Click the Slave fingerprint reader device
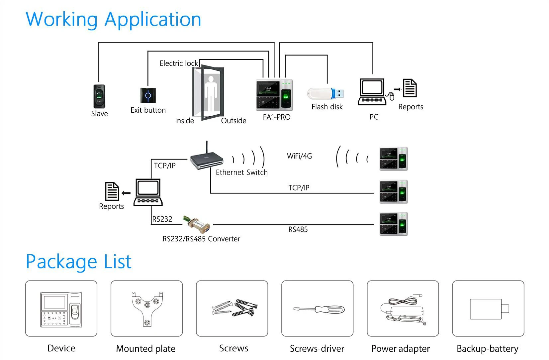coord(99,96)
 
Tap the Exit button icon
coord(148,96)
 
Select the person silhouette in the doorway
coord(211,93)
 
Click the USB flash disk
coord(325,93)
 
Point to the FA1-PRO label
coord(276,117)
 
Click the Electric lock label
coord(179,63)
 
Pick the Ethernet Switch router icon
coord(207,160)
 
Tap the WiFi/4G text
coord(299,156)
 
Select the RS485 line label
coord(298,229)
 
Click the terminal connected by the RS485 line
coord(393,224)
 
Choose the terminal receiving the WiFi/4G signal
coord(393,159)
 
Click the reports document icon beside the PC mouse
coord(410,88)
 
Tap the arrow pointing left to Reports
coord(126,193)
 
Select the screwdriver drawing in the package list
coord(319,309)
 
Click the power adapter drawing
coord(403,309)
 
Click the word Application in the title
coord(153,19)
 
